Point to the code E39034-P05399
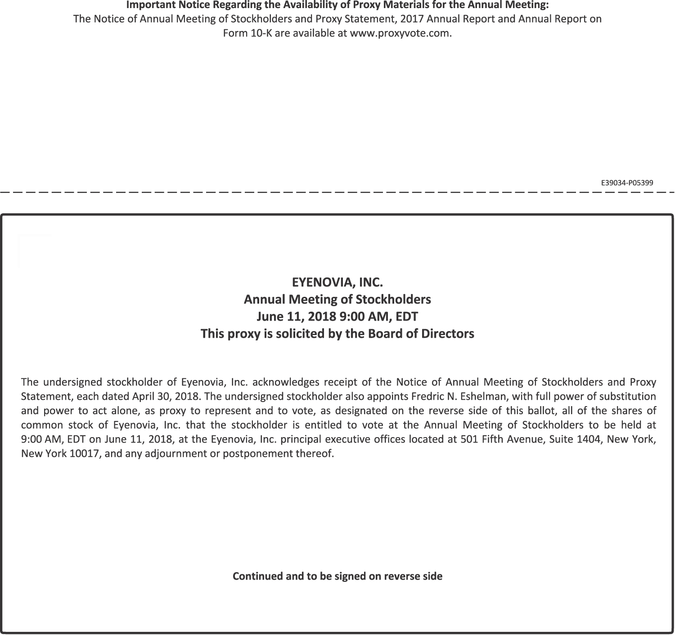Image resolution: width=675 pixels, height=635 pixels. (x=627, y=183)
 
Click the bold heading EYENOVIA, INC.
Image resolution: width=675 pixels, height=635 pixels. (x=337, y=282)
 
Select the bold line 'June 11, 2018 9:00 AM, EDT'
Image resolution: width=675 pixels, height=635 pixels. (x=337, y=317)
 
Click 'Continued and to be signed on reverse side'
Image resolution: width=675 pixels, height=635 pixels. (x=337, y=576)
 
